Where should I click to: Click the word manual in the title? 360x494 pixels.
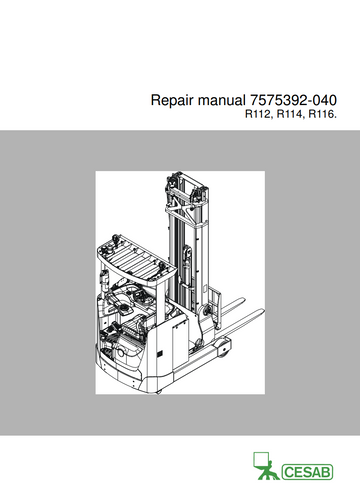217,101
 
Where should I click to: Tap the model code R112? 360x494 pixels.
259,117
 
